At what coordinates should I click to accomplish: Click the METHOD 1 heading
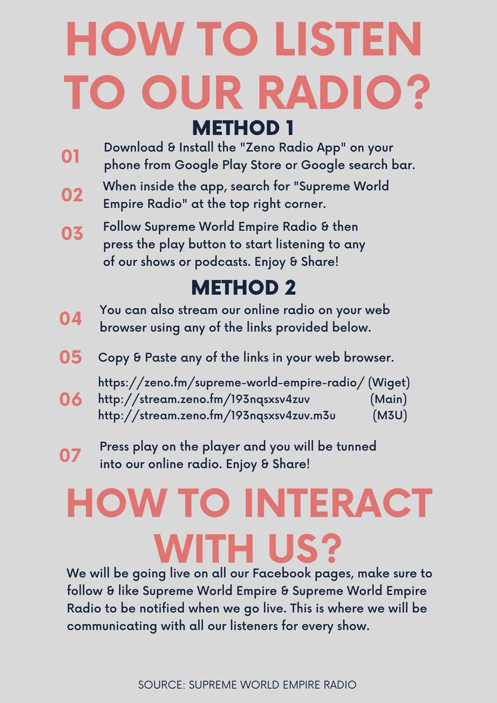point(243,128)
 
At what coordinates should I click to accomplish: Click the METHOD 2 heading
point(243,288)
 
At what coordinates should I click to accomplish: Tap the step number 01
point(70,156)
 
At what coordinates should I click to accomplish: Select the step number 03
point(72,234)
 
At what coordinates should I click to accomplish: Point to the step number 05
point(71,357)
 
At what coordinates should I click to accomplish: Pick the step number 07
point(70,455)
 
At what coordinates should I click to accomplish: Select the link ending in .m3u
point(217,415)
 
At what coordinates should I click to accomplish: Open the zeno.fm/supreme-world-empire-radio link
point(232,383)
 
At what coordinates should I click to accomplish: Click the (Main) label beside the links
point(389,399)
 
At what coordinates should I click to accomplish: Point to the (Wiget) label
point(389,383)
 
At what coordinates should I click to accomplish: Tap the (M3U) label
point(390,415)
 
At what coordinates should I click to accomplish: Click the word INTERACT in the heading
point(338,503)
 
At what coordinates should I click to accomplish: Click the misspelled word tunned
point(356,446)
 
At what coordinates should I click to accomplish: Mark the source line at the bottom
point(247,684)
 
